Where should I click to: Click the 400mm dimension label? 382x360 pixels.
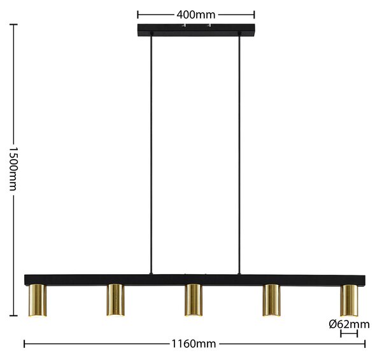click(x=196, y=15)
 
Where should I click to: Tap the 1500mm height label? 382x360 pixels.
click(x=13, y=169)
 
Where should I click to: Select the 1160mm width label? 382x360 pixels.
click(x=194, y=344)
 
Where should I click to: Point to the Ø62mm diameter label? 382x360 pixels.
click(x=349, y=324)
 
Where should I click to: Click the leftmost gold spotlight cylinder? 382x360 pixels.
click(x=38, y=300)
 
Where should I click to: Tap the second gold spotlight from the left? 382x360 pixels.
click(x=115, y=300)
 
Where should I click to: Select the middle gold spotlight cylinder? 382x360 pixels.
click(x=194, y=300)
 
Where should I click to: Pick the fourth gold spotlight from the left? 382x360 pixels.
click(x=271, y=300)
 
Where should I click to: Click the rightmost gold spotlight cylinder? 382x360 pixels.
click(x=350, y=300)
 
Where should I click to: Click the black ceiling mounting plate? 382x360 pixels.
click(x=196, y=30)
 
